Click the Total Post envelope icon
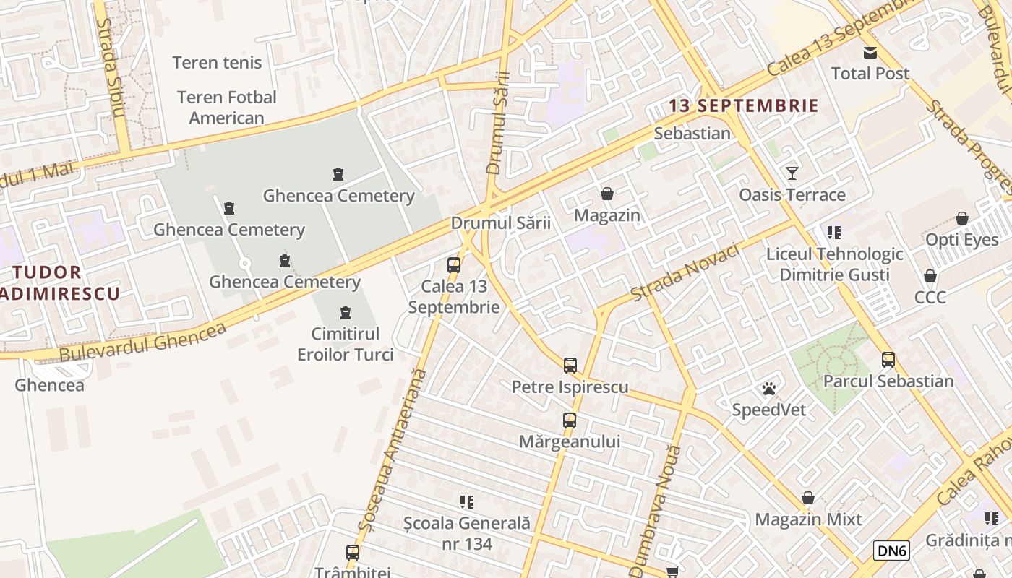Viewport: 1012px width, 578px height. [x=870, y=52]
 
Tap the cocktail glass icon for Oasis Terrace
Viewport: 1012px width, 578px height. [x=792, y=173]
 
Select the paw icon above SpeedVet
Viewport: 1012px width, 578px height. [x=768, y=389]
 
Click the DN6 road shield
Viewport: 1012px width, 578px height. [x=891, y=551]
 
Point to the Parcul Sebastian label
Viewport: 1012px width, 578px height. [x=888, y=381]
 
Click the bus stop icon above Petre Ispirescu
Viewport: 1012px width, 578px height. [x=570, y=365]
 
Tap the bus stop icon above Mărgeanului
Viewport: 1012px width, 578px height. [x=570, y=420]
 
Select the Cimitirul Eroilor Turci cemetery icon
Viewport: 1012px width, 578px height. [x=345, y=313]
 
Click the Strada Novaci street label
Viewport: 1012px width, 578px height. [x=685, y=272]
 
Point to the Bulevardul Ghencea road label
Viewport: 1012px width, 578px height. [x=142, y=342]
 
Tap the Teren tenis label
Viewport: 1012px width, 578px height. [x=217, y=63]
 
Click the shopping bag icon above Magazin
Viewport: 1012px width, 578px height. [x=607, y=194]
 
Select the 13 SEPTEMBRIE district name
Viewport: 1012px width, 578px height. [x=743, y=106]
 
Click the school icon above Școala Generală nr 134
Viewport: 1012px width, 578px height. [x=467, y=501]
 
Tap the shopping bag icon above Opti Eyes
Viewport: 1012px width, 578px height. [x=962, y=218]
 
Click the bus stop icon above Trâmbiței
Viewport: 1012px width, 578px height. [x=353, y=553]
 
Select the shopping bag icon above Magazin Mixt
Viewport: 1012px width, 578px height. [x=808, y=499]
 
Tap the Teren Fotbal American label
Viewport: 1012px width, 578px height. [x=226, y=107]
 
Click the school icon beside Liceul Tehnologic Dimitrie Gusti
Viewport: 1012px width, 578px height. [x=834, y=233]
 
